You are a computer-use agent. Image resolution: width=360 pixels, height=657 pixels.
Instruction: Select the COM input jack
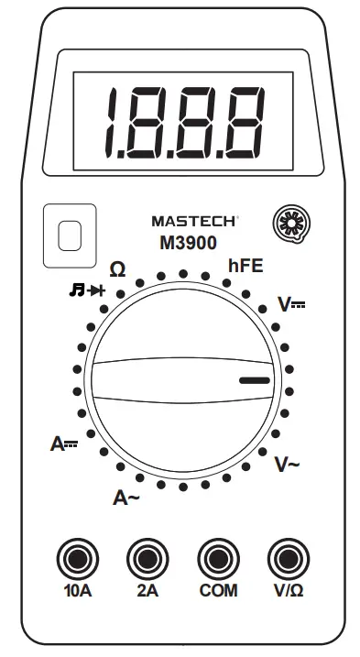tap(217, 556)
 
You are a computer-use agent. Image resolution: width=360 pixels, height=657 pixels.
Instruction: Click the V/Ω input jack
tap(288, 556)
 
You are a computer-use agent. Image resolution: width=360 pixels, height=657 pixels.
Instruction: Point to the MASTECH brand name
tap(194, 221)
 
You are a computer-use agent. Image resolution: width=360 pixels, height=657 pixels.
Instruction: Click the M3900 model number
tap(187, 243)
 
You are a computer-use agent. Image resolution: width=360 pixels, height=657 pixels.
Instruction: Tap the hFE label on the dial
tap(245, 268)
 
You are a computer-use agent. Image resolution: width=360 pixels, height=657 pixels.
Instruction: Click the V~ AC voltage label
tap(288, 465)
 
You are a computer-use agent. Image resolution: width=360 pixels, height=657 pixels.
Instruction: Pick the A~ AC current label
tap(126, 498)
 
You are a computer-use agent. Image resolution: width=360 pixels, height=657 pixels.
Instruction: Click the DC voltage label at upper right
tap(293, 306)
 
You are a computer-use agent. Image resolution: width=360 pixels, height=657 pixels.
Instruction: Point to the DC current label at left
tap(64, 445)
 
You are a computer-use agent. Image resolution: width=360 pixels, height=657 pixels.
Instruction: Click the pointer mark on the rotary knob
tap(255, 378)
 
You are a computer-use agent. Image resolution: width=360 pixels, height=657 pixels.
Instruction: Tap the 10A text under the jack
tap(77, 591)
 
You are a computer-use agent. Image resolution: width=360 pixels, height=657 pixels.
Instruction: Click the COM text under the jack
tap(217, 591)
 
